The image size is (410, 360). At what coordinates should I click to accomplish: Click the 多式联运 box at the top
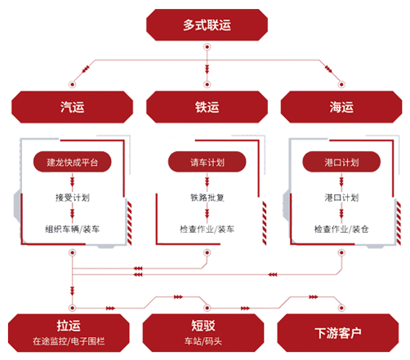(207, 24)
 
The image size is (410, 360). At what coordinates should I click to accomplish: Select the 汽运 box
(72, 107)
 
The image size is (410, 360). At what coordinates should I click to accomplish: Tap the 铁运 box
(207, 107)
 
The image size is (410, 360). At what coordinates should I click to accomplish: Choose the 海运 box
(341, 107)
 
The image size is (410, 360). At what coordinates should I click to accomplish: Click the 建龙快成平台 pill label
(72, 162)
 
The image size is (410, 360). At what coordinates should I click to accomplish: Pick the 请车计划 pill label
(207, 162)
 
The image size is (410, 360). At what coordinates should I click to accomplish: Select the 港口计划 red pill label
(341, 162)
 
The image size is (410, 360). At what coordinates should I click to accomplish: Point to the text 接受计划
(73, 198)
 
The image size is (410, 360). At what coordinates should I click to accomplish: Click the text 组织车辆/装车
(73, 229)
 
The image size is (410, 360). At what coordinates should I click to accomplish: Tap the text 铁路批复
(207, 198)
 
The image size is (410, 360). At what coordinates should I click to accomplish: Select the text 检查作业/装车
(207, 229)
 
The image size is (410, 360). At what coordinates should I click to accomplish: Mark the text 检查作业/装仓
(341, 229)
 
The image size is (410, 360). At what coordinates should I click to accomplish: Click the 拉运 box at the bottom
(69, 333)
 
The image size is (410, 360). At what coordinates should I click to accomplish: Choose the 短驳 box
(203, 333)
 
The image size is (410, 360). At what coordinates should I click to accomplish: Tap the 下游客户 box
(338, 333)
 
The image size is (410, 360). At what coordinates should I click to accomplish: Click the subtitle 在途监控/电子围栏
(69, 341)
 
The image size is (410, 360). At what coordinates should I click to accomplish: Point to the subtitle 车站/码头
(203, 341)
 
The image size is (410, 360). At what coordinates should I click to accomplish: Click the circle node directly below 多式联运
(207, 47)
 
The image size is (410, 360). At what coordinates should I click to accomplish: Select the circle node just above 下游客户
(341, 308)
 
